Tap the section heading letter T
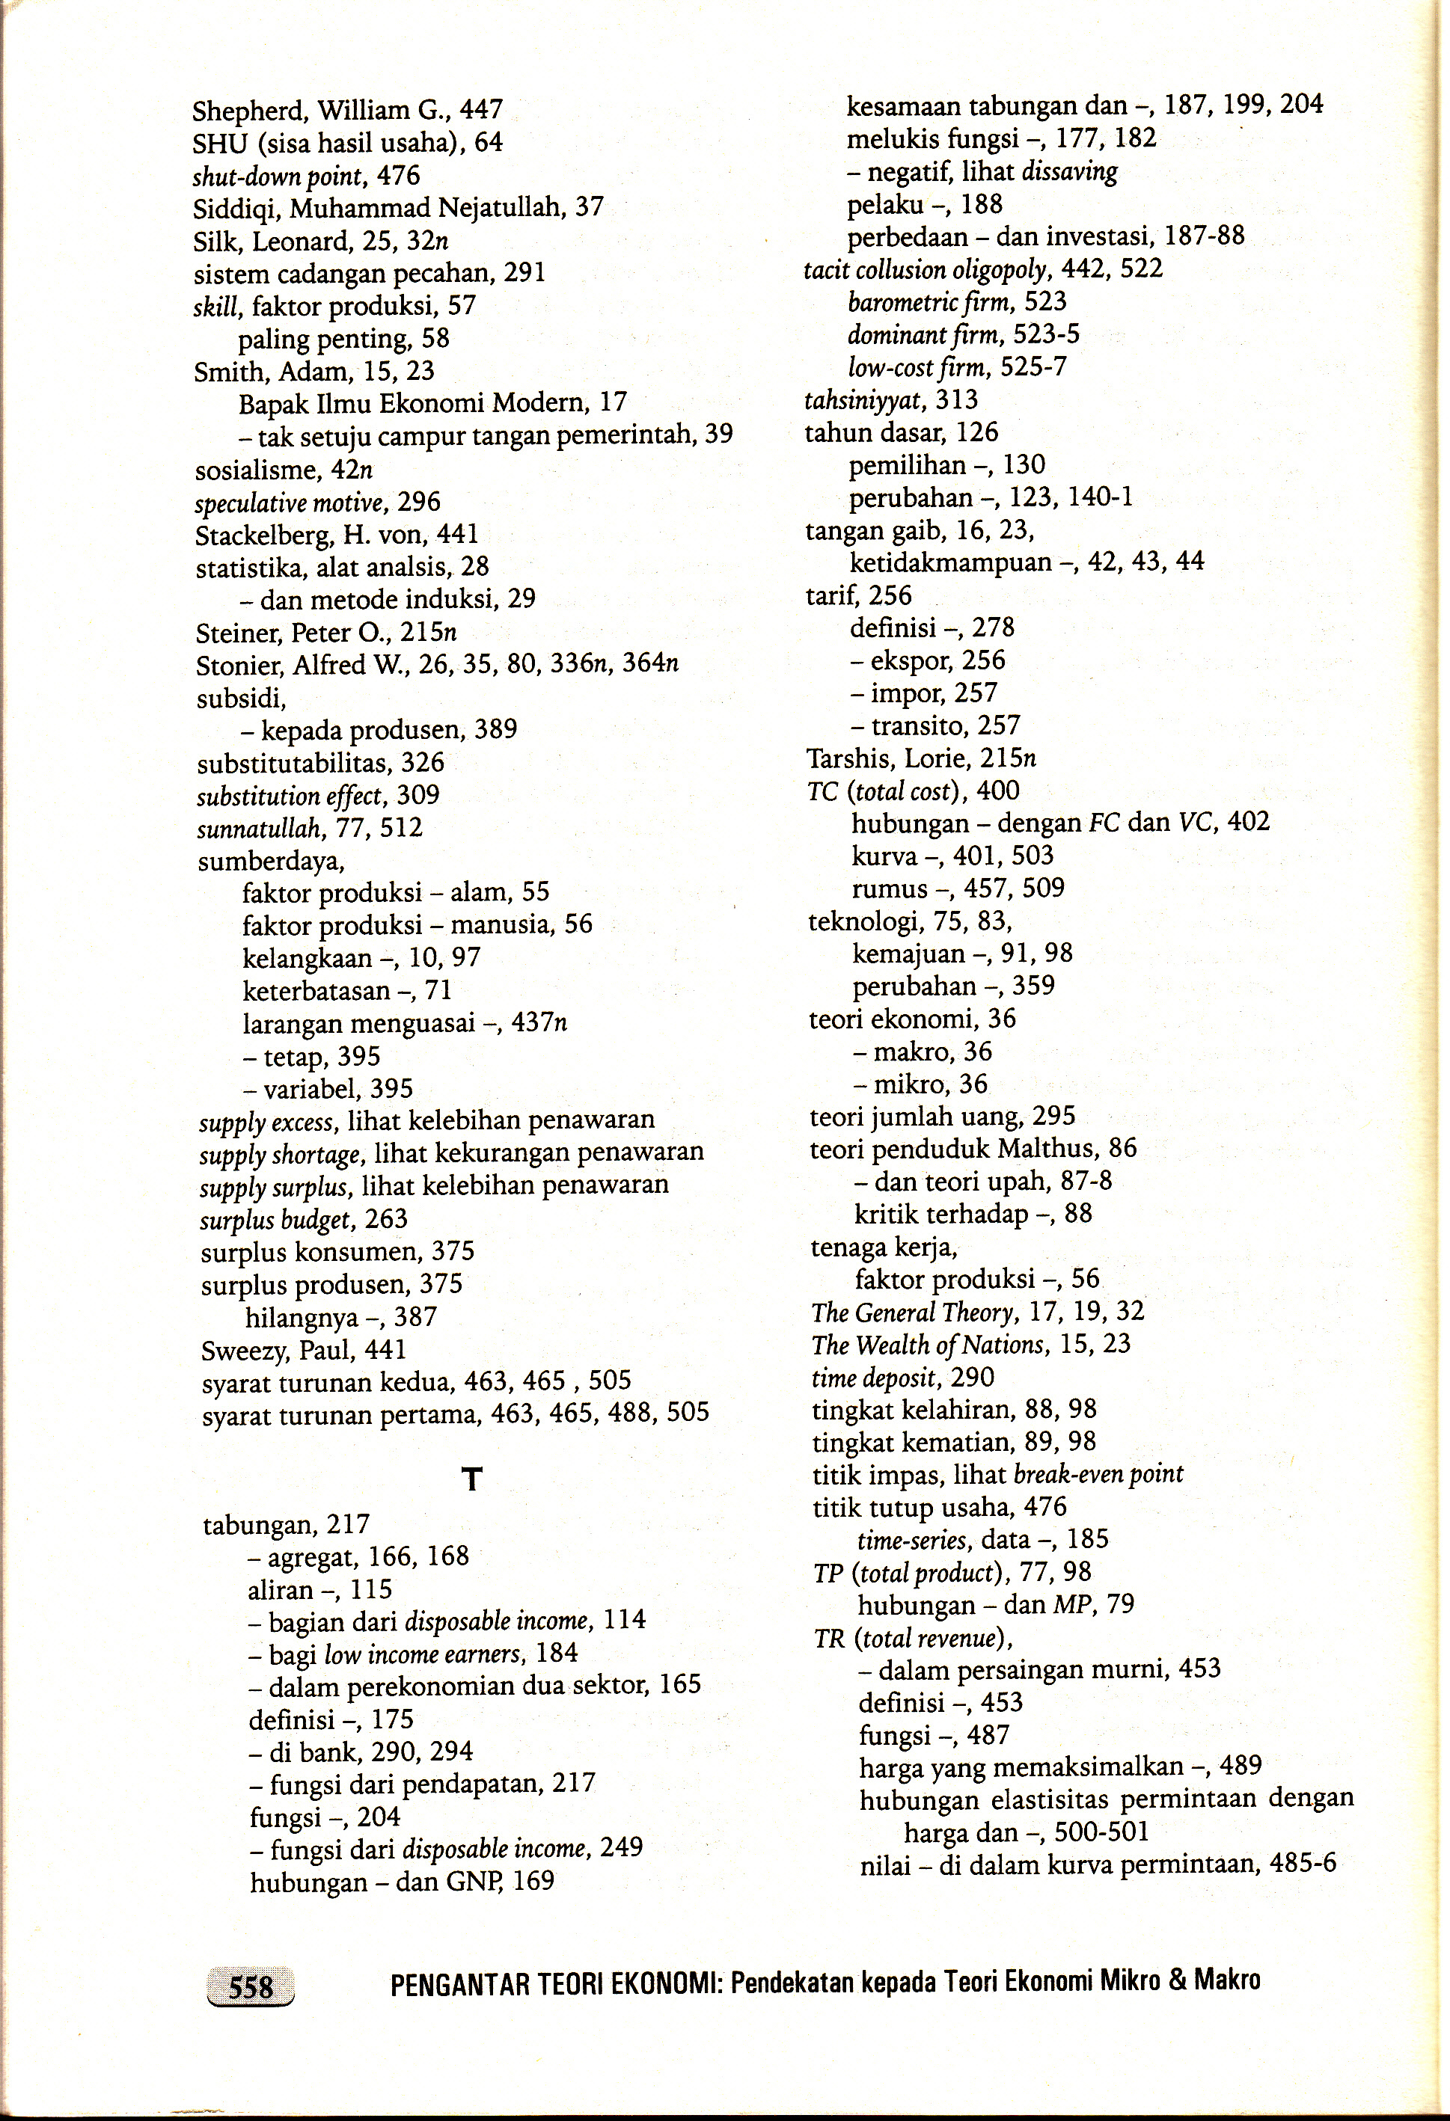tap(471, 1479)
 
